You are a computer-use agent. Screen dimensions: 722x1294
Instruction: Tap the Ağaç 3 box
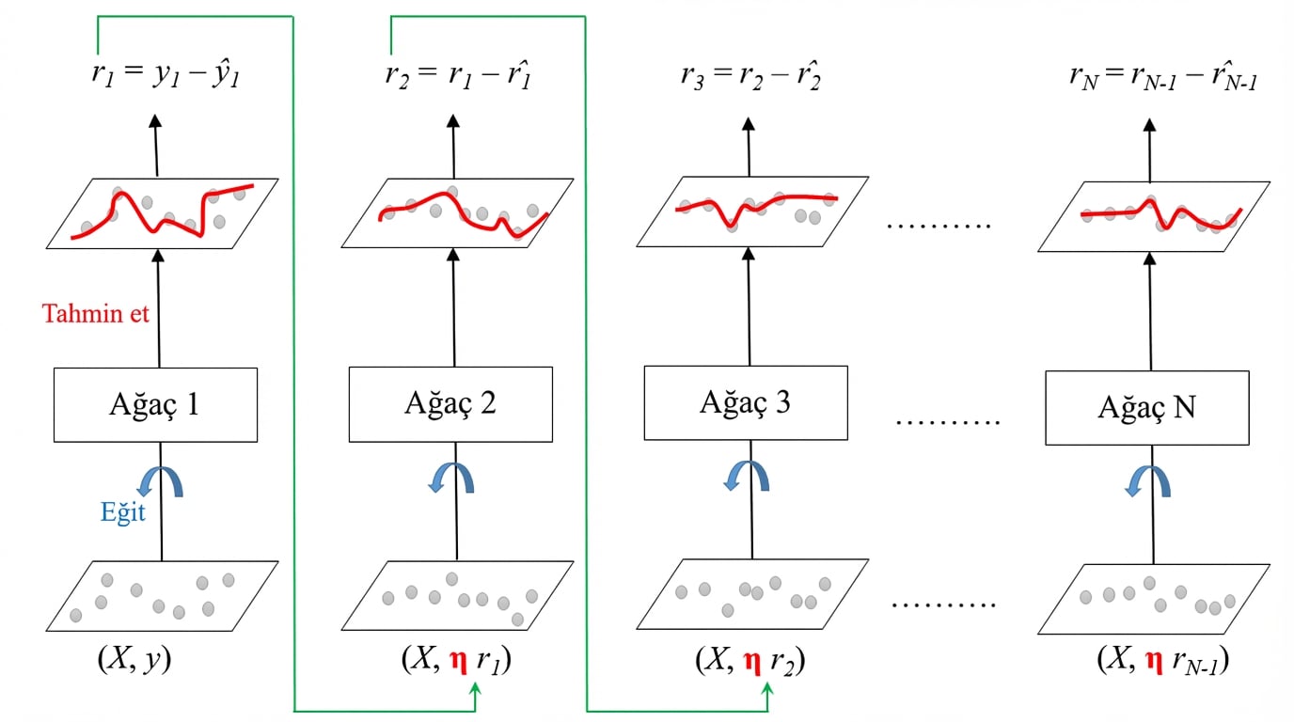pos(746,402)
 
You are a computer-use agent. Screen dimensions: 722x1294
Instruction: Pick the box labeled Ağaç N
pos(1147,408)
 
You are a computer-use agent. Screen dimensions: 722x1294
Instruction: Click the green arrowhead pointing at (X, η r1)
pos(474,690)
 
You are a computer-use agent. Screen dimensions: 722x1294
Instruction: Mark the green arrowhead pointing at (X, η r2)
pos(768,690)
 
